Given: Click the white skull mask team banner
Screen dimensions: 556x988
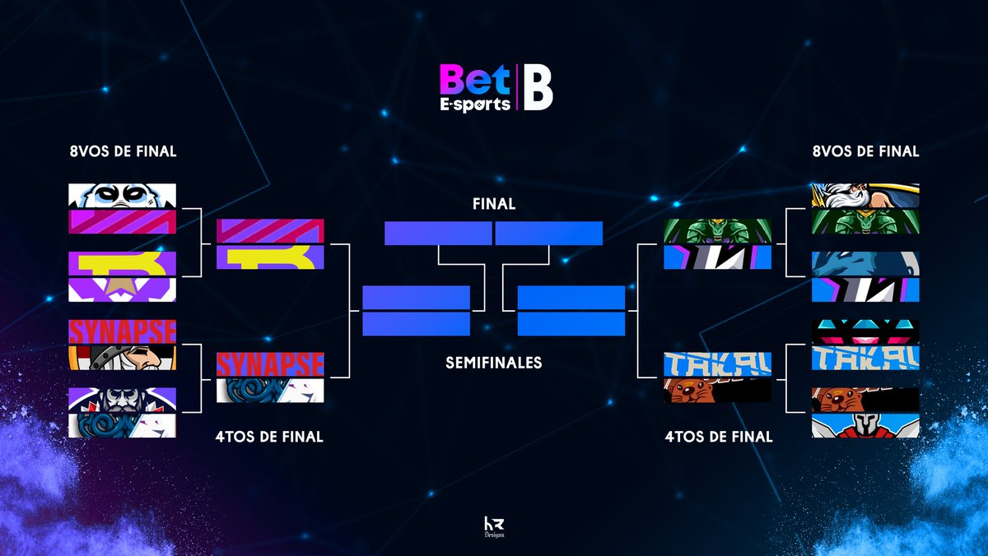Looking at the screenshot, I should tap(122, 195).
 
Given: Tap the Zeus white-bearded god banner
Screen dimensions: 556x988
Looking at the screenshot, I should tap(865, 196).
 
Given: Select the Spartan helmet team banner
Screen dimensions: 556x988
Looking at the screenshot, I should tap(865, 425).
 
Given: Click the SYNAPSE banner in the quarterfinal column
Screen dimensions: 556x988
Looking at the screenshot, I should tap(270, 364).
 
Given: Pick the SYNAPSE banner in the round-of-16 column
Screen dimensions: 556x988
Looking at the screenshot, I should tap(122, 331).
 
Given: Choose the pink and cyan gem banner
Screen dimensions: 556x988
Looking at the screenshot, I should tap(865, 332).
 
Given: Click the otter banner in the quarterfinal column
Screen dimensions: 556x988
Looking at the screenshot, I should tap(717, 390).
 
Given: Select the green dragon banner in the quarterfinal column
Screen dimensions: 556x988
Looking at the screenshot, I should tap(717, 231).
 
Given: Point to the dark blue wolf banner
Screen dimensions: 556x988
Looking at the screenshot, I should tap(865, 263).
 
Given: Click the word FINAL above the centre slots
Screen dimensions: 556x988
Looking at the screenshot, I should tap(494, 204).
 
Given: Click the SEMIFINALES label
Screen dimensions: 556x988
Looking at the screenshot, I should tap(494, 362).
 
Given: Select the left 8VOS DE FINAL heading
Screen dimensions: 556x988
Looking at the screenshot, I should tap(123, 151).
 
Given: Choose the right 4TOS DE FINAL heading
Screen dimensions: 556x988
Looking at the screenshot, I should tap(719, 437).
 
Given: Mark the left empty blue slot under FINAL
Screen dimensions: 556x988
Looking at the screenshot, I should tap(438, 234).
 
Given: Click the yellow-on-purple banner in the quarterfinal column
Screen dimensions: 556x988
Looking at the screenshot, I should tap(270, 257).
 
